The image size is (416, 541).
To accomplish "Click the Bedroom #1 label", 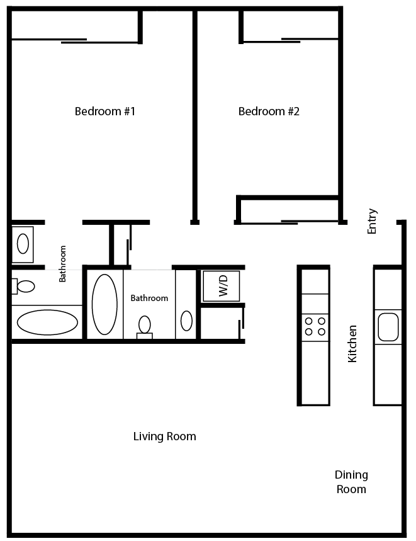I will pos(105,111).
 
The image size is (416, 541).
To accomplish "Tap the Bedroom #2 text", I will pos(269,111).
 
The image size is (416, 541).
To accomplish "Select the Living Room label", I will pos(164,436).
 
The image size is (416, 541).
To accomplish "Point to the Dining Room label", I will pos(351,482).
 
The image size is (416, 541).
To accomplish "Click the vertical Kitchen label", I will pos(353,343).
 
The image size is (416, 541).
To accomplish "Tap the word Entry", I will pos(373,221).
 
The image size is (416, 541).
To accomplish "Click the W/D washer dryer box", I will pos(221,285).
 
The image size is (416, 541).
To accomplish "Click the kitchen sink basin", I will pos(388,326).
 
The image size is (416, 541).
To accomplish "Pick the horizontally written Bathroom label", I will pos(149,298).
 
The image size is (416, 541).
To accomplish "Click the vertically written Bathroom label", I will pos(62,263).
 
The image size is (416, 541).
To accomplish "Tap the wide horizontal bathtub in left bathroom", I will pos(47,322).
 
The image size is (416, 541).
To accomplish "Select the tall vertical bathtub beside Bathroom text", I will pos(104,304).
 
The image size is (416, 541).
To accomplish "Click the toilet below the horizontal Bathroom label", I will pos(145,327).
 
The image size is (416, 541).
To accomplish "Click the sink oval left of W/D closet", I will pos(186,321).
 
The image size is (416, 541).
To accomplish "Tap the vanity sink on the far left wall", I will pos(23,244).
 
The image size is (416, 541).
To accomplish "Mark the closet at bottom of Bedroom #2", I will pos(290,210).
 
